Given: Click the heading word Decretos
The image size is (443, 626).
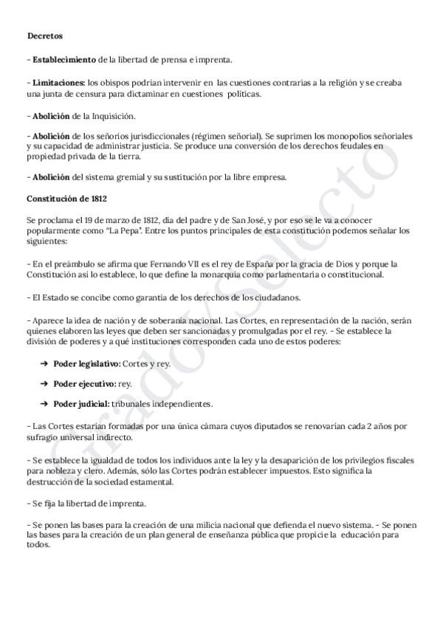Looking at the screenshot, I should (45, 35).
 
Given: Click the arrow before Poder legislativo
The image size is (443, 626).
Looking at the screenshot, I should (44, 365).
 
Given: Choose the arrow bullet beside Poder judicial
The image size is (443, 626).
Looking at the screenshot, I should (44, 404).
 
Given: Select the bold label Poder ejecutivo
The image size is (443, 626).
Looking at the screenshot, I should (85, 385).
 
